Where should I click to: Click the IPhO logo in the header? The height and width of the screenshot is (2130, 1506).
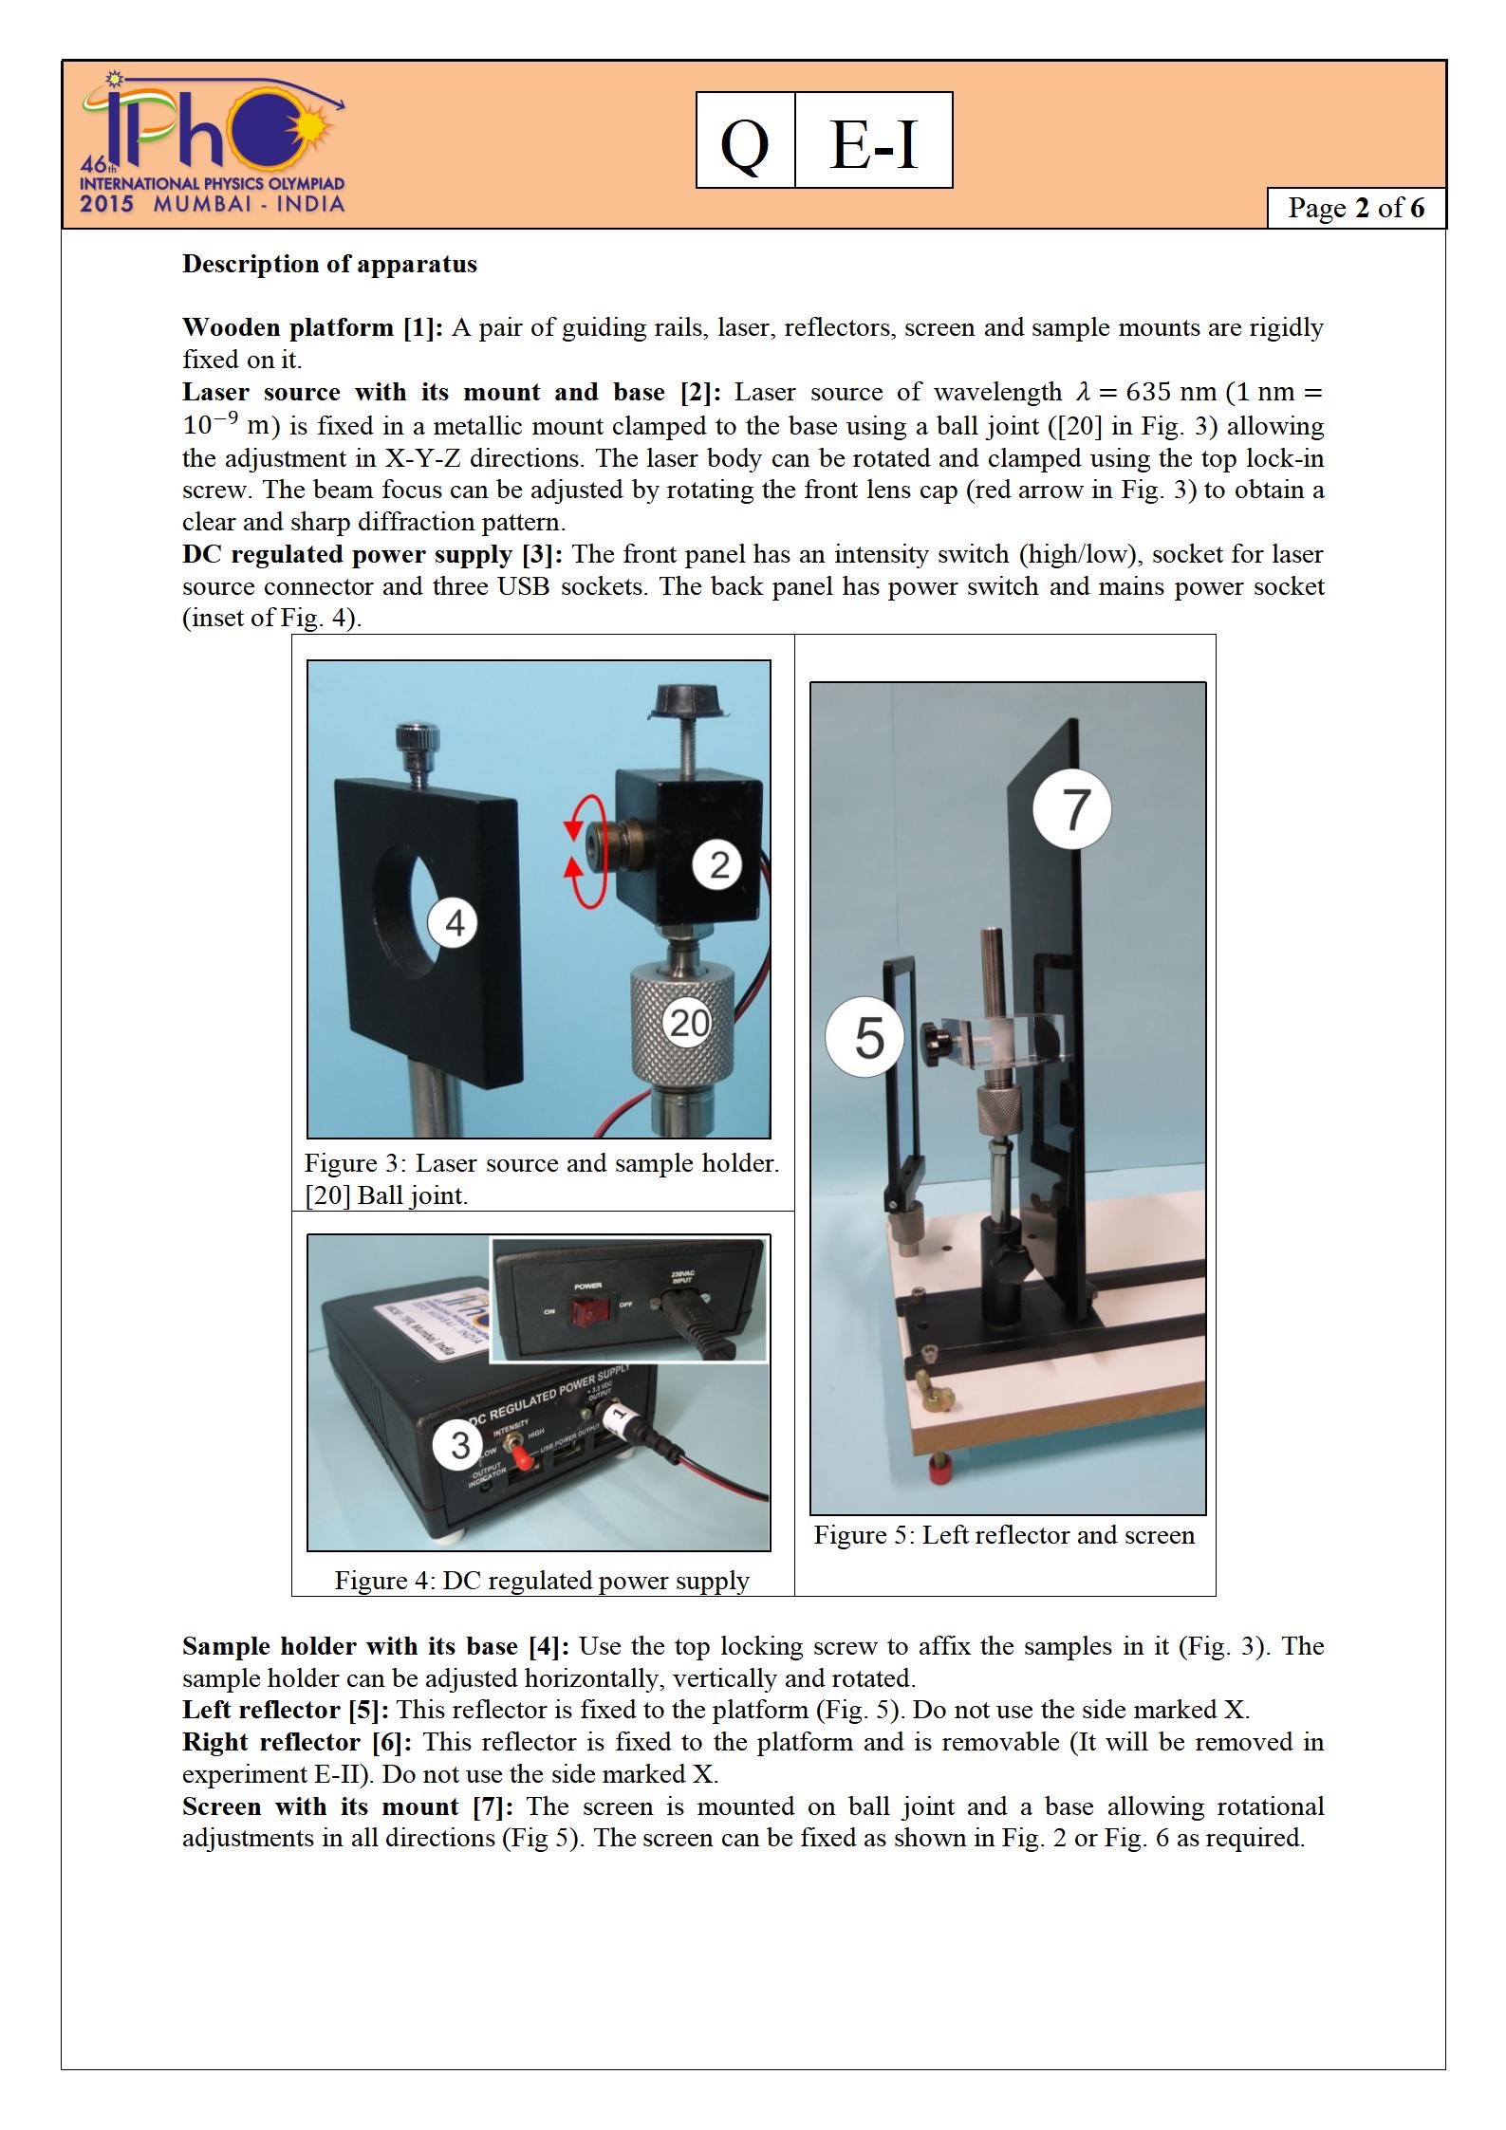213,144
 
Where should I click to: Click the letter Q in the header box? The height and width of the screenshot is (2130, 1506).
745,142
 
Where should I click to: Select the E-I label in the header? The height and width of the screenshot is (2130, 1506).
873,142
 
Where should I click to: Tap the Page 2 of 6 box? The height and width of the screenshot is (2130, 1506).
1355,208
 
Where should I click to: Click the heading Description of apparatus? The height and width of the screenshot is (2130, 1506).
329,264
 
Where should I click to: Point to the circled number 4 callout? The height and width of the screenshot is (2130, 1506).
455,922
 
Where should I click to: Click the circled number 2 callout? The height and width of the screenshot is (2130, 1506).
718,864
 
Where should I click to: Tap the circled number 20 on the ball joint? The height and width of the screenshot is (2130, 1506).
690,1022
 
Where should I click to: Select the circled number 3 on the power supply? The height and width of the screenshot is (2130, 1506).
460,1445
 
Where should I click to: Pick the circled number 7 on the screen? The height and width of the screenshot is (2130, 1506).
1072,809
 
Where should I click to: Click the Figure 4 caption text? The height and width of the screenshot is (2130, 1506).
541,1580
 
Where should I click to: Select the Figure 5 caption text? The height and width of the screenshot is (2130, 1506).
1004,1535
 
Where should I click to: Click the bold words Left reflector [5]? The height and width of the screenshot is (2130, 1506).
286,1710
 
